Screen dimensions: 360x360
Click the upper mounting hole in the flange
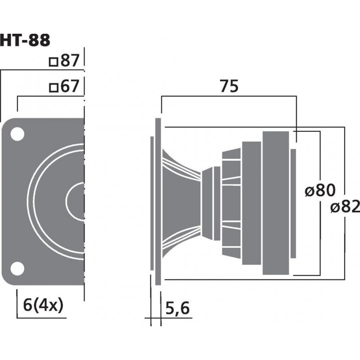click(x=17, y=134)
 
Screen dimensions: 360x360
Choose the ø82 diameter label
click(x=344, y=208)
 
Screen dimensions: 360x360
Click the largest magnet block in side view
click(x=275, y=201)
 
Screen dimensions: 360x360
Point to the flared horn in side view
click(x=180, y=201)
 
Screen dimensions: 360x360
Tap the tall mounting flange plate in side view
click(x=158, y=201)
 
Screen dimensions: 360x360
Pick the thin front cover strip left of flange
click(x=151, y=201)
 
